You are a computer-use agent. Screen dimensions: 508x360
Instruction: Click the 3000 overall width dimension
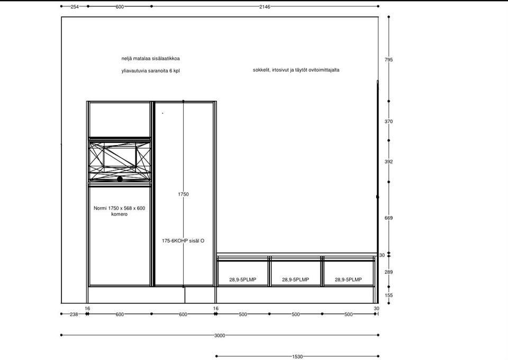pos(219,335)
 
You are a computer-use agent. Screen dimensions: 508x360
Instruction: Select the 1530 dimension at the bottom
pos(297,356)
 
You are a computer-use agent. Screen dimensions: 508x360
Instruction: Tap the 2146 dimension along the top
pos(265,6)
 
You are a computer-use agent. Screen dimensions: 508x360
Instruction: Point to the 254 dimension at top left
pos(75,6)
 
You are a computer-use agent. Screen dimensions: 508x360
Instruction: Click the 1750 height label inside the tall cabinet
pos(183,194)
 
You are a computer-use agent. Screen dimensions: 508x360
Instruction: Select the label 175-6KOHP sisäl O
pos(183,241)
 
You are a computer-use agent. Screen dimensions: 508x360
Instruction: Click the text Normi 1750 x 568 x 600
pos(119,208)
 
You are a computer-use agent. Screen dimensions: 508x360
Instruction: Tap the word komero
pos(119,214)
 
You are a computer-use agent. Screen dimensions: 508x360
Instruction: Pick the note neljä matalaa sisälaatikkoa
pos(150,59)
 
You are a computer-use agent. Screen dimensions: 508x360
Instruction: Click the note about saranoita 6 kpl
pos(150,70)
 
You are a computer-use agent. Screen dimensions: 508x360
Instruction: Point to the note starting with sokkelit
pos(296,70)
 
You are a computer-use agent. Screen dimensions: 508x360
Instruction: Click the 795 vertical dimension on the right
pos(388,60)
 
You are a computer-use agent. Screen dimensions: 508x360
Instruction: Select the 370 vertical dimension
pos(388,122)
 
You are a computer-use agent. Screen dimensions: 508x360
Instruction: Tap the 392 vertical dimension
pos(388,161)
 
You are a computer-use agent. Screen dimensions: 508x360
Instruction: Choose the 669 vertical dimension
pos(388,218)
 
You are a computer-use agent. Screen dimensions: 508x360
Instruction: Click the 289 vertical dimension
pos(388,272)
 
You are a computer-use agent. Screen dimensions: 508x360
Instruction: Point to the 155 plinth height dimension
pos(388,295)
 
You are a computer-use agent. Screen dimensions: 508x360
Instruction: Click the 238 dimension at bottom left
pos(74,314)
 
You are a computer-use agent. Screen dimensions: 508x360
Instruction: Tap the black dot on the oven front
pos(120,179)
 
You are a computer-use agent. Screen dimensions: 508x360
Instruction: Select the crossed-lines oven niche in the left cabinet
pos(120,161)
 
